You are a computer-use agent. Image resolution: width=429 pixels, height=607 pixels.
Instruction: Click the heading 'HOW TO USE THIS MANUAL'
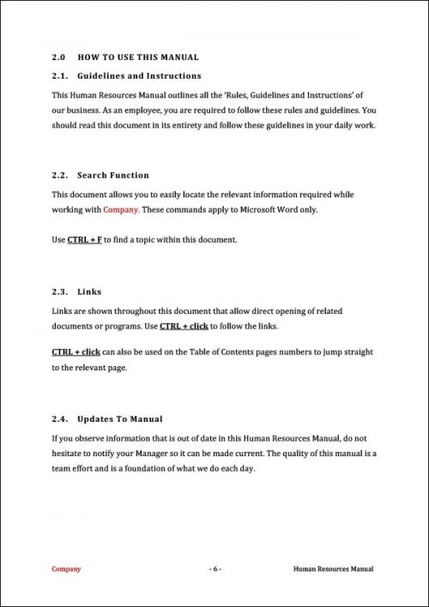(138, 57)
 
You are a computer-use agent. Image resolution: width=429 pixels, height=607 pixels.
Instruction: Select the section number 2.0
(59, 57)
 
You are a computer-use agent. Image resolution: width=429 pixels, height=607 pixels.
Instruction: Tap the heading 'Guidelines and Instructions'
(140, 76)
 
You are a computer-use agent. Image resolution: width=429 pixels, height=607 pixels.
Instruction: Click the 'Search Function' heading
(113, 176)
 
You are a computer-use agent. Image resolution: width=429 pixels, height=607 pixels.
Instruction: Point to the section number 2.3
(59, 291)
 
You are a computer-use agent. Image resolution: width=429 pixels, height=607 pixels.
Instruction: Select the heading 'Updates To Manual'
(120, 419)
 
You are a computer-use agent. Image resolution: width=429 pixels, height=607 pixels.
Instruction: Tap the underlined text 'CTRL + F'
(84, 240)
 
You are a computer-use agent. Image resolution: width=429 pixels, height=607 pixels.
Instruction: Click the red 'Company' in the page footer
(66, 568)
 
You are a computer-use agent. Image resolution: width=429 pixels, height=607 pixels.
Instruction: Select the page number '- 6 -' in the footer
(214, 568)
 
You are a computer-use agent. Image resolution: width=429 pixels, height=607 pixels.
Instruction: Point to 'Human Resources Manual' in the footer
(333, 568)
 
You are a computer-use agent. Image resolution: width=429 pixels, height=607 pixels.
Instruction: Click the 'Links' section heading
(89, 291)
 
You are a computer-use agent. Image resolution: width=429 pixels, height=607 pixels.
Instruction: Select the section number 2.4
(59, 419)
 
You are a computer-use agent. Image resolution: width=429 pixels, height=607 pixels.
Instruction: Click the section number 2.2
(59, 176)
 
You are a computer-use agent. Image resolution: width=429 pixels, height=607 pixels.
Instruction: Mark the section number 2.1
(59, 76)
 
